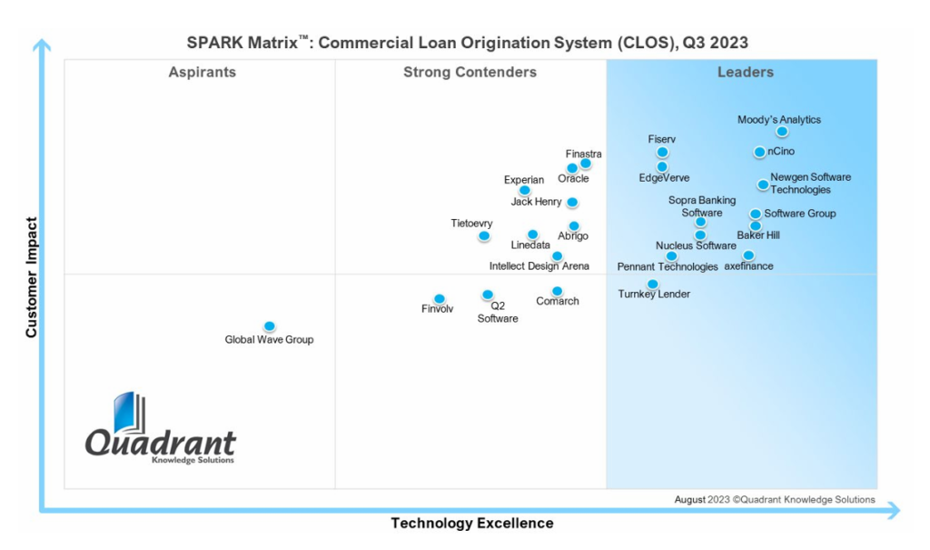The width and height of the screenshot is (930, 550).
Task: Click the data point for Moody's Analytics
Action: (x=782, y=132)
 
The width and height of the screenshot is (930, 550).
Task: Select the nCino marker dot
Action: (x=759, y=152)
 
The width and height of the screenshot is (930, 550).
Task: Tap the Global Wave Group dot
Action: (x=269, y=326)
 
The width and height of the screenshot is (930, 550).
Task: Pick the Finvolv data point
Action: (x=440, y=298)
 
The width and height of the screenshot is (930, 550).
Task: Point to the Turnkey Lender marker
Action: (x=652, y=284)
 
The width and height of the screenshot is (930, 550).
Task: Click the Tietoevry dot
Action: (x=484, y=236)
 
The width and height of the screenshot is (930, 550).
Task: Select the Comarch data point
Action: (x=557, y=291)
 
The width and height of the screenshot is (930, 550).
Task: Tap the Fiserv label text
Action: (x=661, y=139)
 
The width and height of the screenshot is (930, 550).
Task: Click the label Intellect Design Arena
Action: (x=539, y=266)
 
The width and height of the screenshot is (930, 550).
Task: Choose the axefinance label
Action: (x=748, y=266)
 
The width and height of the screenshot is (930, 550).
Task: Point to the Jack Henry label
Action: (x=536, y=202)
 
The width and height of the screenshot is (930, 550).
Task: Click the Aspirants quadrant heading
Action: (x=202, y=73)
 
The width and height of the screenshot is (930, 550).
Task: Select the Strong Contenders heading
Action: (x=470, y=73)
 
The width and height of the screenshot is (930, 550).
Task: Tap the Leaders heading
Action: (x=745, y=73)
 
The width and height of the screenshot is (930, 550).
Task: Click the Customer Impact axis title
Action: (x=32, y=277)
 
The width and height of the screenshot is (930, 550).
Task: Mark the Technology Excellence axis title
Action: (x=471, y=524)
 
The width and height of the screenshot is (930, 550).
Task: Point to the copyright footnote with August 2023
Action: (x=774, y=500)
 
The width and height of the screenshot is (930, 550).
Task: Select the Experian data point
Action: (x=524, y=190)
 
